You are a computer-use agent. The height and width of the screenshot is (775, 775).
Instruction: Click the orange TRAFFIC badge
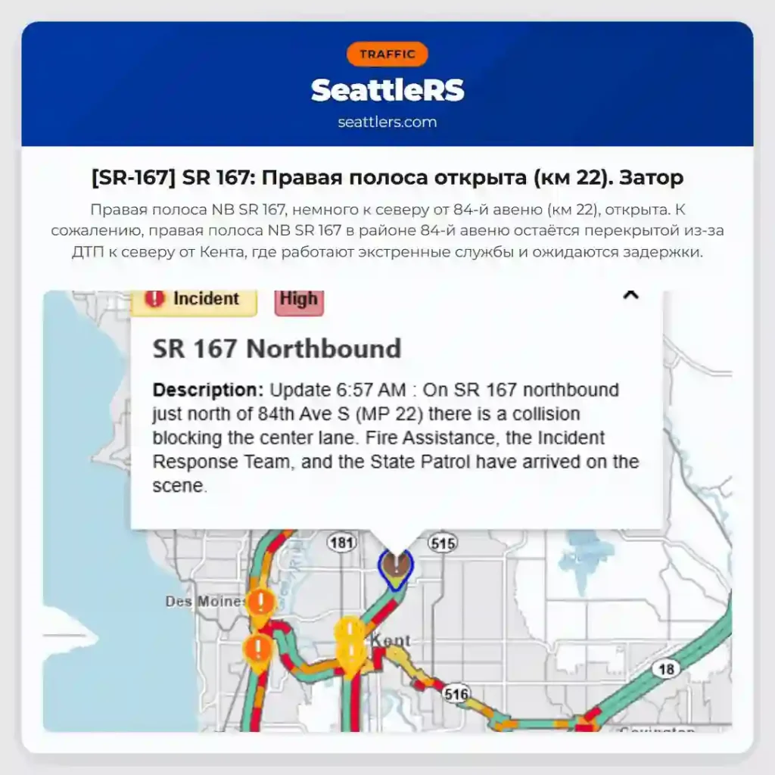(387, 54)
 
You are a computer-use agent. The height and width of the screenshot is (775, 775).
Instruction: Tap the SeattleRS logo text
(387, 90)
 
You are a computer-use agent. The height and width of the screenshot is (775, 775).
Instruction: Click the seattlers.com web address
(387, 122)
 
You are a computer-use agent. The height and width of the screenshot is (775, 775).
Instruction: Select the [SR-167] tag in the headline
(133, 178)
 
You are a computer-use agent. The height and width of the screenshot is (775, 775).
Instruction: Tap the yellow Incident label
(195, 300)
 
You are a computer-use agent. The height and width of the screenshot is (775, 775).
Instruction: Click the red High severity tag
(299, 300)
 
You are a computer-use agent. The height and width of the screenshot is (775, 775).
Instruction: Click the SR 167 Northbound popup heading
(277, 349)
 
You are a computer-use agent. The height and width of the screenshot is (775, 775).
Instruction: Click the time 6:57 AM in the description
(371, 391)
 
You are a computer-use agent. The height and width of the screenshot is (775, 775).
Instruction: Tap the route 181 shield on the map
(342, 542)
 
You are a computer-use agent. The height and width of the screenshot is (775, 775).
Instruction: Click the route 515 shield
(443, 542)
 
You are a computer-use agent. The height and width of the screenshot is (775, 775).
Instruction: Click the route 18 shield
(666, 669)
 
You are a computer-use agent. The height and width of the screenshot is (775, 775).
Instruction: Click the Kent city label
(391, 641)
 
